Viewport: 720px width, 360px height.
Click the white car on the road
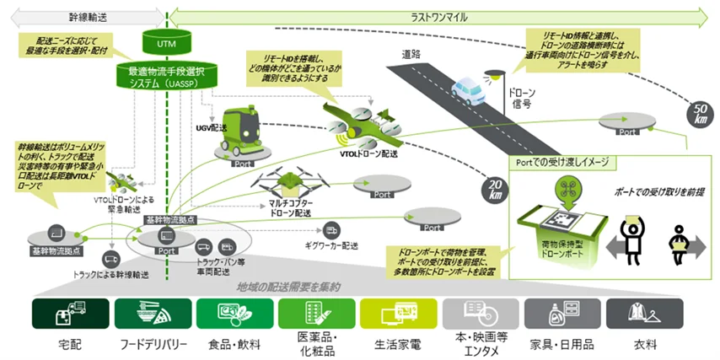click(x=470, y=84)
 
